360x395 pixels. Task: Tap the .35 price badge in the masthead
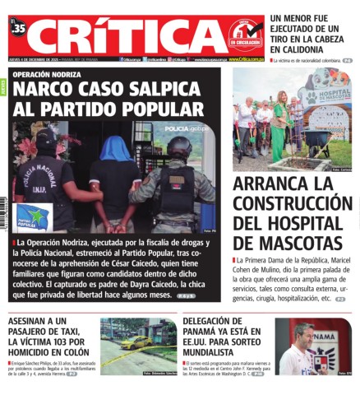(19, 29)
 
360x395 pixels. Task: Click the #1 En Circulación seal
(244, 35)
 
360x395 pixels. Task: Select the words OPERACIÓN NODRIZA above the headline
(48, 74)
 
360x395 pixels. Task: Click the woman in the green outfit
(278, 128)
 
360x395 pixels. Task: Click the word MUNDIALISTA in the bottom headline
(215, 350)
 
